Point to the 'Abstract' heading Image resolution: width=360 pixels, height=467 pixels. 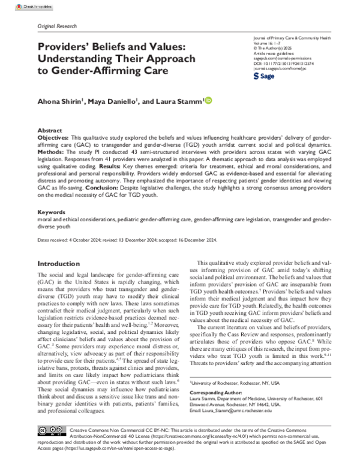pos(49,130)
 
